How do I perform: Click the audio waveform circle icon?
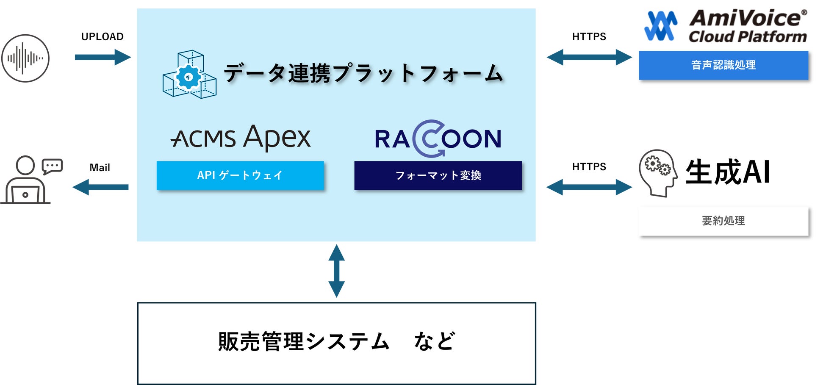[25, 58]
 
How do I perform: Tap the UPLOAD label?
[103, 37]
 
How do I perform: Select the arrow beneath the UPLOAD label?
[103, 57]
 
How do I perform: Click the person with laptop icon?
[30, 180]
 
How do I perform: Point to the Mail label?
[100, 168]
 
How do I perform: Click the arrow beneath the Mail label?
[101, 187]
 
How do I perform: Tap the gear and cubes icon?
[189, 75]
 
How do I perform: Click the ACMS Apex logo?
[241, 137]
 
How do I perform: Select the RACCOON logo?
[438, 138]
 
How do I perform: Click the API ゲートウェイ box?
[240, 175]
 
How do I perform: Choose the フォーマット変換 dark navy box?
[438, 175]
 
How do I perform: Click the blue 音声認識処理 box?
[723, 65]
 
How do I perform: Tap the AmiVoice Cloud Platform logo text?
[748, 27]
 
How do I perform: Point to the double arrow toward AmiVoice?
[589, 57]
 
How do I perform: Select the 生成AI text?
[728, 172]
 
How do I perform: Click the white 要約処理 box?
[723, 221]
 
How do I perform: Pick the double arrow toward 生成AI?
[589, 187]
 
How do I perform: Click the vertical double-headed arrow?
[337, 271]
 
